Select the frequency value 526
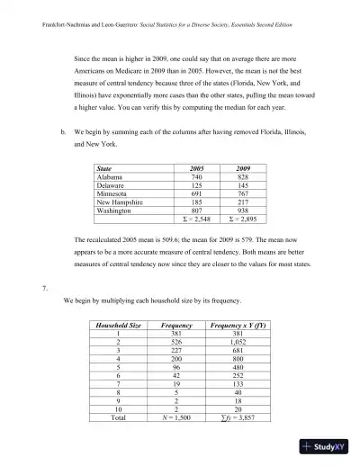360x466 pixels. pyautogui.click(x=176, y=344)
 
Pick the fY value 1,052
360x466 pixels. pyautogui.click(x=238, y=344)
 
